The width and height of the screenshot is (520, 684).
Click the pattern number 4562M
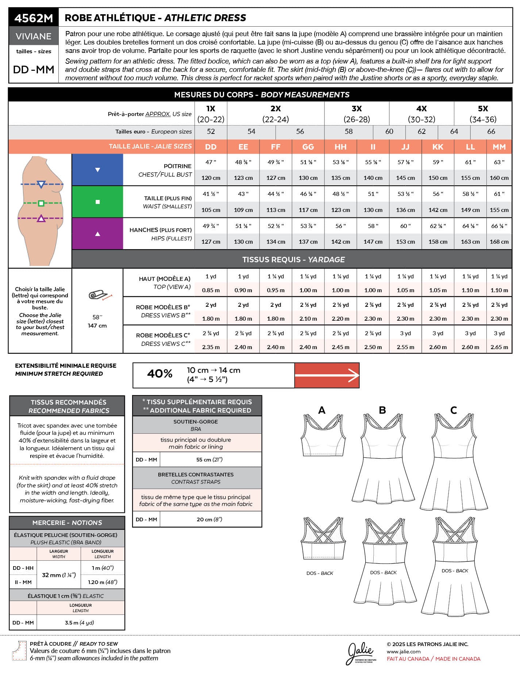pyautogui.click(x=34, y=18)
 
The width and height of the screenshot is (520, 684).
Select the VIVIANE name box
pyautogui.click(x=34, y=36)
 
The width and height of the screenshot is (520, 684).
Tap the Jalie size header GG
pyautogui.click(x=308, y=147)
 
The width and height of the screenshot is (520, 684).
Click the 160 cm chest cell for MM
pyautogui.click(x=499, y=178)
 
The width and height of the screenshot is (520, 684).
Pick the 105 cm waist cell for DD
pyautogui.click(x=211, y=210)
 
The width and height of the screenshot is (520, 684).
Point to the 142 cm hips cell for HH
pyautogui.click(x=340, y=242)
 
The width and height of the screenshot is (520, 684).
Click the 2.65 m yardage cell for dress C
pyautogui.click(x=499, y=347)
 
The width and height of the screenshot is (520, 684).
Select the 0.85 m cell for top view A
pyautogui.click(x=211, y=290)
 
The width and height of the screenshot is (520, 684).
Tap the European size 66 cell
pyautogui.click(x=491, y=131)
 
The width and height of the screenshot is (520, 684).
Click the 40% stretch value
pyautogui.click(x=160, y=374)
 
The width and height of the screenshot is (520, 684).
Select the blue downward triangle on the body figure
pyautogui.click(x=41, y=184)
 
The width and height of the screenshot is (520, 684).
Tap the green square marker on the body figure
pyautogui.click(x=41, y=203)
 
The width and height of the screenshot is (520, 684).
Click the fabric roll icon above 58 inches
pyautogui.click(x=98, y=295)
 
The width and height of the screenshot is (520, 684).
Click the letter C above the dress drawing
pyautogui.click(x=454, y=410)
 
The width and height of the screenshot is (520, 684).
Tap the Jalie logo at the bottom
pyautogui.click(x=361, y=653)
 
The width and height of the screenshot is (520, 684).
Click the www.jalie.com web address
pyautogui.click(x=403, y=652)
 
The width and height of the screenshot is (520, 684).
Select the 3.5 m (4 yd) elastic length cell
pyautogui.click(x=80, y=623)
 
